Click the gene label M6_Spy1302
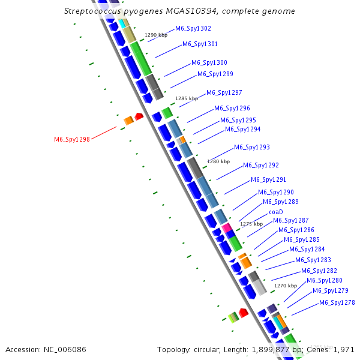pos(193,28)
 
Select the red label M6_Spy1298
pos(72,139)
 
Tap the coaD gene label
pos(275,212)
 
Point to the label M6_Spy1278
pos(337,302)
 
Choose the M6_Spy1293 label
pos(251,147)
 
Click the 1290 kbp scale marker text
pos(156,35)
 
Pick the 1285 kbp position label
pos(186,98)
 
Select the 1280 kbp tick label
pos(218,161)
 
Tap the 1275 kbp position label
pos(251,224)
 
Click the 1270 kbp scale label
pos(286,286)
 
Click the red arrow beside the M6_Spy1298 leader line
pos(139,116)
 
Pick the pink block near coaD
pos(227,228)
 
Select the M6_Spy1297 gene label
pos(224,92)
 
